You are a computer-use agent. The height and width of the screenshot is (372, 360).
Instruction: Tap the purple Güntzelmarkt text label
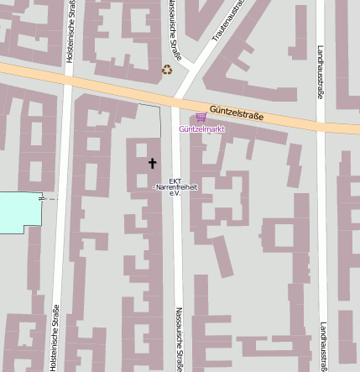click(201, 129)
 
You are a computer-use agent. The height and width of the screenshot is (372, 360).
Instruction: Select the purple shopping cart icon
click(200, 118)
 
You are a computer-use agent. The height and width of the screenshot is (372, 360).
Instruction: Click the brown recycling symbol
click(167, 70)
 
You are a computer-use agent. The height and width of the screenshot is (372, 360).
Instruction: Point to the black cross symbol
click(152, 163)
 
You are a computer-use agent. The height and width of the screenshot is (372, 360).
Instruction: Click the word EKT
click(175, 181)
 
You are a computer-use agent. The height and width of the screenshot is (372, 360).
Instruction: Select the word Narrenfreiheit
click(175, 187)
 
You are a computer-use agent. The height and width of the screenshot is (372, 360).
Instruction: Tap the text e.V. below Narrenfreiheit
click(175, 194)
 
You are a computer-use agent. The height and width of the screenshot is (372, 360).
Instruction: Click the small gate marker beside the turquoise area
click(41, 199)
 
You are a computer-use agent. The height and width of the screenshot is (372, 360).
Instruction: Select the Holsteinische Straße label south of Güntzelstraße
click(54, 338)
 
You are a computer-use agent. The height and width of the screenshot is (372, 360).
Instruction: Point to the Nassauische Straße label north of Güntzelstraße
click(171, 17)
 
